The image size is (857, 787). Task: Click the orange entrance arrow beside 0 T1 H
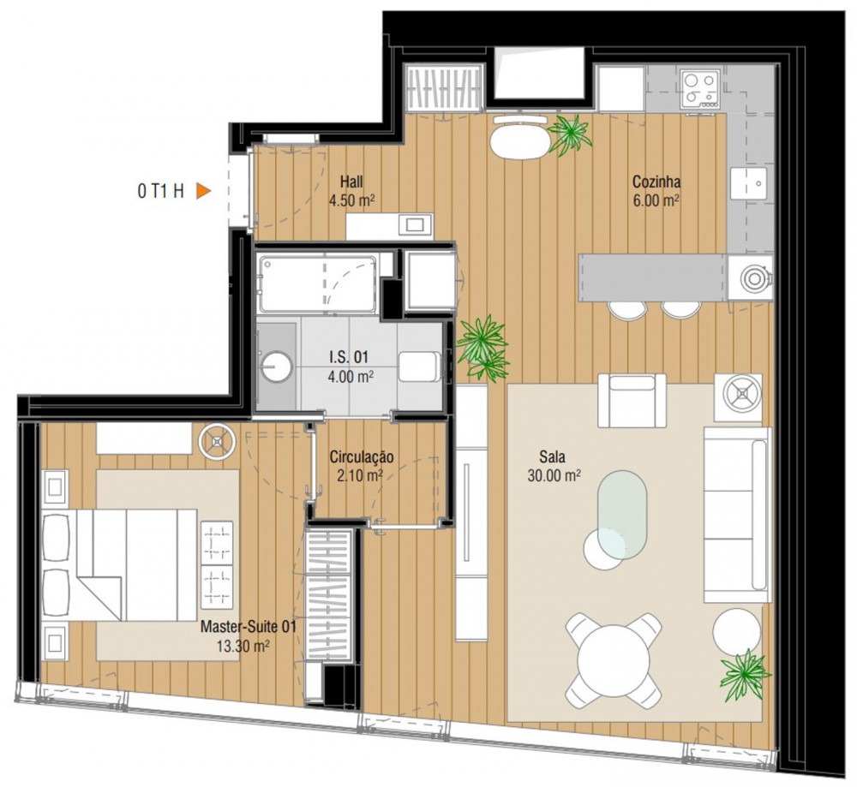[x=203, y=191]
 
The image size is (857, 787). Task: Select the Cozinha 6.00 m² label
[x=656, y=191]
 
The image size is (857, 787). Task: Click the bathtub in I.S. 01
[x=318, y=284]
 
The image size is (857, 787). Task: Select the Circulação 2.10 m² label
[x=362, y=466]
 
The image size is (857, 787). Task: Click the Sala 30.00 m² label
[x=554, y=466]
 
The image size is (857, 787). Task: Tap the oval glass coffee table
[x=622, y=515]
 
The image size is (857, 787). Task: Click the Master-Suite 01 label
[x=249, y=626]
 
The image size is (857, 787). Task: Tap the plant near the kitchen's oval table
[x=570, y=134]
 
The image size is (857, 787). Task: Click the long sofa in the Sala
[x=737, y=515]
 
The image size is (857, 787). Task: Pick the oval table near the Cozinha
[x=520, y=142]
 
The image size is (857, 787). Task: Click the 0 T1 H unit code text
[x=161, y=191]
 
